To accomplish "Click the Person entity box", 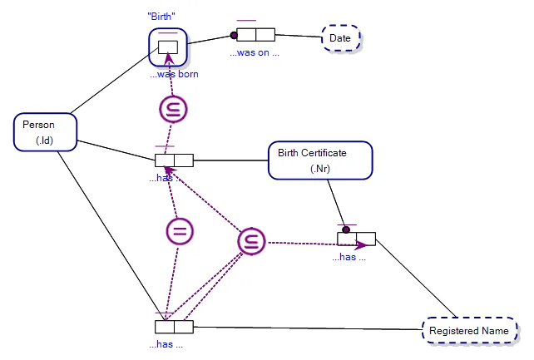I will [x=46, y=132].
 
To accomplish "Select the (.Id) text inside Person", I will [x=45, y=141].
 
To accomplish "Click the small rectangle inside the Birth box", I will [x=168, y=47].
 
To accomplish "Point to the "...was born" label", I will [x=174, y=74].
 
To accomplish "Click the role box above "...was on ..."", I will [x=255, y=34].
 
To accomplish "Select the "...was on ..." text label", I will [x=255, y=52].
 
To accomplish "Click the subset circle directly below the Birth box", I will [x=173, y=110].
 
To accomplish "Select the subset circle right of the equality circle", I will [x=250, y=241].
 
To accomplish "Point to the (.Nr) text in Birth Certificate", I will [x=321, y=169].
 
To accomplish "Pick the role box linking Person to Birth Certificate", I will [x=174, y=160].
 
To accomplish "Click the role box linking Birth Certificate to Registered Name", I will [x=356, y=239].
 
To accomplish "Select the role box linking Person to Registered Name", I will [x=174, y=327].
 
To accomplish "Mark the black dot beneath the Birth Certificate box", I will [x=345, y=229].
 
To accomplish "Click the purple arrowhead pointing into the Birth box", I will [x=168, y=57].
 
